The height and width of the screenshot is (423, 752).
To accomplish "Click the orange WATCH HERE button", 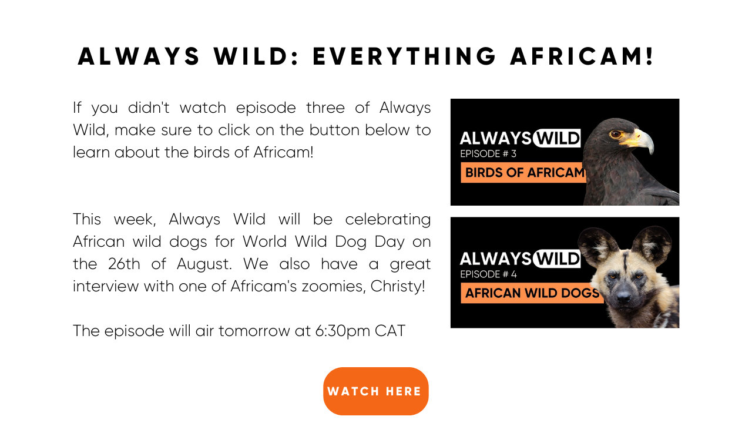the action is click(375, 391).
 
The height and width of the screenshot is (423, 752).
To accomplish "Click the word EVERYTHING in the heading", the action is click(404, 56).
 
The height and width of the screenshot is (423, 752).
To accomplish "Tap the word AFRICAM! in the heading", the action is click(582, 56).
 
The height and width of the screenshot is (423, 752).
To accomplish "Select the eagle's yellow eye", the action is click(616, 135).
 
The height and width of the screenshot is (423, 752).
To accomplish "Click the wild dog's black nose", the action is click(624, 296).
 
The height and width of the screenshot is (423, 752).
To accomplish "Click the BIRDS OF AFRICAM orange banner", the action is click(523, 173).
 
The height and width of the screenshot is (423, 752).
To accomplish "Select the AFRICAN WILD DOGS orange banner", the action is click(532, 293).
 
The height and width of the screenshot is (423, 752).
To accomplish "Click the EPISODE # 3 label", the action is click(488, 154).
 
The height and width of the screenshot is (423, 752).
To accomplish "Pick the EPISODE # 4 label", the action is click(488, 274).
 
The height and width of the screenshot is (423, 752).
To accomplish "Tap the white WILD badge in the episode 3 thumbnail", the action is click(557, 138).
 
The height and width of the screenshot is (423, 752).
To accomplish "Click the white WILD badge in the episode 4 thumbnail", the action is click(557, 258).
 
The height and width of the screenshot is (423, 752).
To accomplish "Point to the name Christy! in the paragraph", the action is click(398, 286).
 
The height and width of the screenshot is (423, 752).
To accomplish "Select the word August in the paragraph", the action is click(204, 264).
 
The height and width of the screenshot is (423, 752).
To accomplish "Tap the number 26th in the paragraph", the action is click(124, 264).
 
